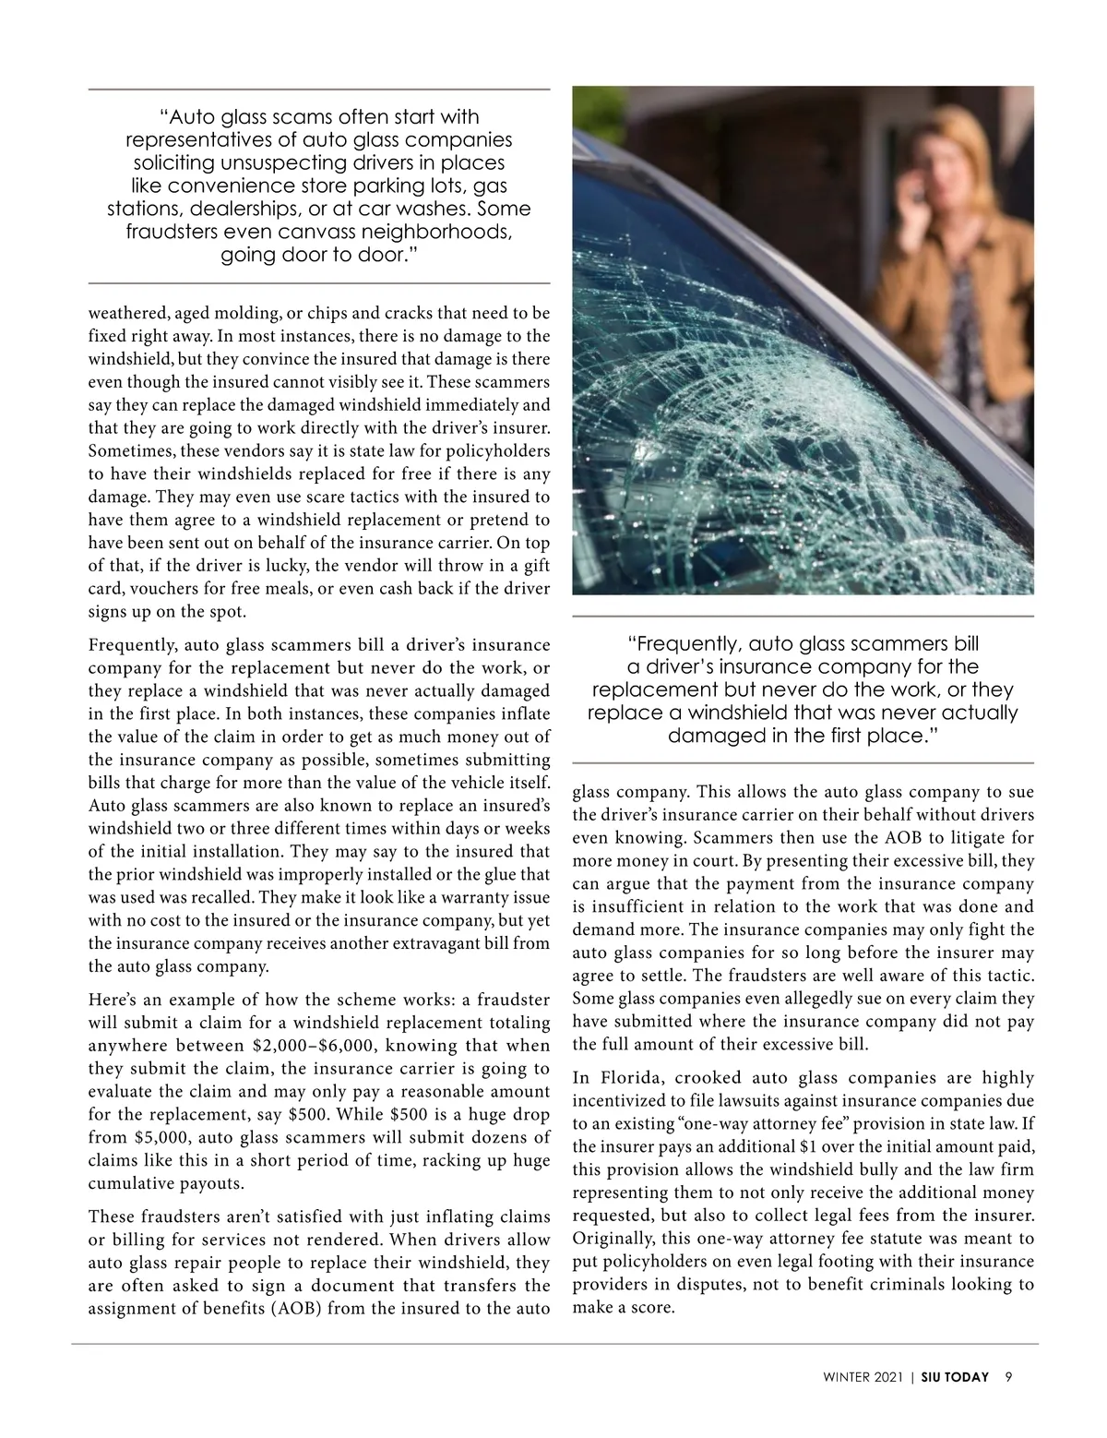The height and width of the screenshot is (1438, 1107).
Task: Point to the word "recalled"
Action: click(x=221, y=898)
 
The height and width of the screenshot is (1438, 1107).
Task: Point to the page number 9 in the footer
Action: click(x=1009, y=1377)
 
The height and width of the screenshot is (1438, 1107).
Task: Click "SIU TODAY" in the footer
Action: click(x=954, y=1377)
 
